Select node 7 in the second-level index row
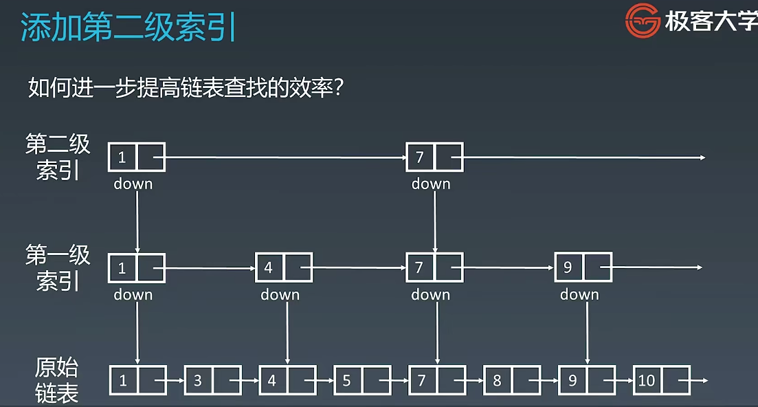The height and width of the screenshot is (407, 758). point(434,157)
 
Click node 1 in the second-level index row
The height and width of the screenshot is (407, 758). point(136,157)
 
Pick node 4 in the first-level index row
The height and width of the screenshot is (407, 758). point(284,267)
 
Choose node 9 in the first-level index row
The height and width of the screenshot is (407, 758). point(583,267)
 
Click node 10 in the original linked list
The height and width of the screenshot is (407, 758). point(661,380)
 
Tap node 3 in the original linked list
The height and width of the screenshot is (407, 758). point(212,380)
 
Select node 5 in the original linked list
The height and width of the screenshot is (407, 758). point(362,380)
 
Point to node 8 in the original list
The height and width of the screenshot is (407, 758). point(512,380)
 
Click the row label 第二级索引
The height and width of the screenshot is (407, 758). point(58,157)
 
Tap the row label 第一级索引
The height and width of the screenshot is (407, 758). point(58,267)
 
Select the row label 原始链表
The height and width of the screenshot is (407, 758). point(57,380)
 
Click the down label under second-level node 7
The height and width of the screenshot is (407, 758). point(431,184)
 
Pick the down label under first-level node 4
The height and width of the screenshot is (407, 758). point(280,295)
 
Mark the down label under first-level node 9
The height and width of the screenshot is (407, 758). point(579,295)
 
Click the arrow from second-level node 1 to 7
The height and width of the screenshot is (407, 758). point(285,157)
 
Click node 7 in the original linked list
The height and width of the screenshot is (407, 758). point(437,380)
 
